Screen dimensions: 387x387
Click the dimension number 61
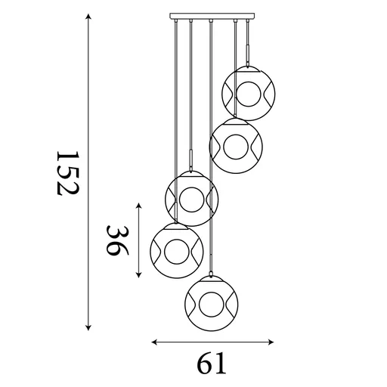coord(212,364)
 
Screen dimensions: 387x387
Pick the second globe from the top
coord(236,144)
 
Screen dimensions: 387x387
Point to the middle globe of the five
coord(192,200)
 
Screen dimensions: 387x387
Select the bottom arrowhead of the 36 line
coord(138,275)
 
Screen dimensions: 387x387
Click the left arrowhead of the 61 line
coord(154,342)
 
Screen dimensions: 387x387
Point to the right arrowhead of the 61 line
coord(272,342)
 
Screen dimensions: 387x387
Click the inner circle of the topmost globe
coord(249,94)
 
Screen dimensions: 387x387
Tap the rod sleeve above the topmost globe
coord(247,53)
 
